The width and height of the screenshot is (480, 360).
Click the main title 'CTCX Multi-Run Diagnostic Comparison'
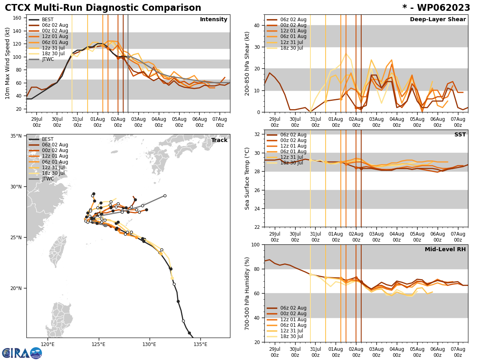tap(103, 8)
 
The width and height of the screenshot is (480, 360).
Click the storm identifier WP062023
tap(436, 8)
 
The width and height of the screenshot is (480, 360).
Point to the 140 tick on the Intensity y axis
tap(18, 31)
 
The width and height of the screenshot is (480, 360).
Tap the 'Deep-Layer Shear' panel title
tap(438, 20)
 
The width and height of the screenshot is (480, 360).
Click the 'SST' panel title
tap(460, 135)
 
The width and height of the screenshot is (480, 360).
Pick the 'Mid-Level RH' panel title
tap(445, 250)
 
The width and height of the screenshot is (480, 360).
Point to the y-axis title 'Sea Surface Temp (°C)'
tap(247, 178)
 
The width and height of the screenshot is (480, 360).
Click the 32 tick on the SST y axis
tap(258, 134)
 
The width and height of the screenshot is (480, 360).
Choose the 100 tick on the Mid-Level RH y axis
tap(256, 244)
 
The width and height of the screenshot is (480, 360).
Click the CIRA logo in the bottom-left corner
tap(22, 353)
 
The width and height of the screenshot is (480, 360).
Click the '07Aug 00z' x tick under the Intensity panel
tap(220, 122)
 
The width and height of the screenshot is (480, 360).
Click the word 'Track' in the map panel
tap(219, 140)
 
